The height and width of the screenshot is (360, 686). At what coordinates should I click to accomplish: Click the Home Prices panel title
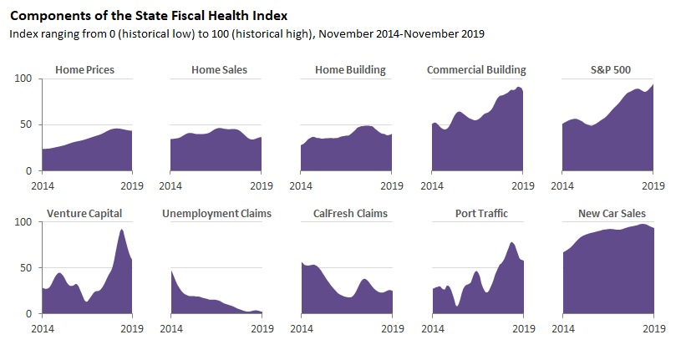pyautogui.click(x=84, y=70)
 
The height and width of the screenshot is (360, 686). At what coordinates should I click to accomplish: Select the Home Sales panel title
pyautogui.click(x=219, y=70)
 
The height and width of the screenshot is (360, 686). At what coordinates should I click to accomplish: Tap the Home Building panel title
pyautogui.click(x=350, y=70)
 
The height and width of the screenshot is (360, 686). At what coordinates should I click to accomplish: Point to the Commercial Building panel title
pyautogui.click(x=476, y=70)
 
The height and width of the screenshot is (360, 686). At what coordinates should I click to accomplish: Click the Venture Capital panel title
pyautogui.click(x=85, y=214)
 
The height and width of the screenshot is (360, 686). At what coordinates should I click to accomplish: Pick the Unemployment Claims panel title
pyautogui.click(x=217, y=214)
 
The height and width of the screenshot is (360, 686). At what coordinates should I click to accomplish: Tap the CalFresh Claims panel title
pyautogui.click(x=350, y=214)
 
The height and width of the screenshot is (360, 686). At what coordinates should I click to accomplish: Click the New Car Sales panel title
pyautogui.click(x=612, y=214)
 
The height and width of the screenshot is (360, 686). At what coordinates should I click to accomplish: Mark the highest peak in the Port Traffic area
pyautogui.click(x=512, y=243)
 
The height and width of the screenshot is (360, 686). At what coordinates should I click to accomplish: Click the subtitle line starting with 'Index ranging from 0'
pyautogui.click(x=246, y=33)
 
